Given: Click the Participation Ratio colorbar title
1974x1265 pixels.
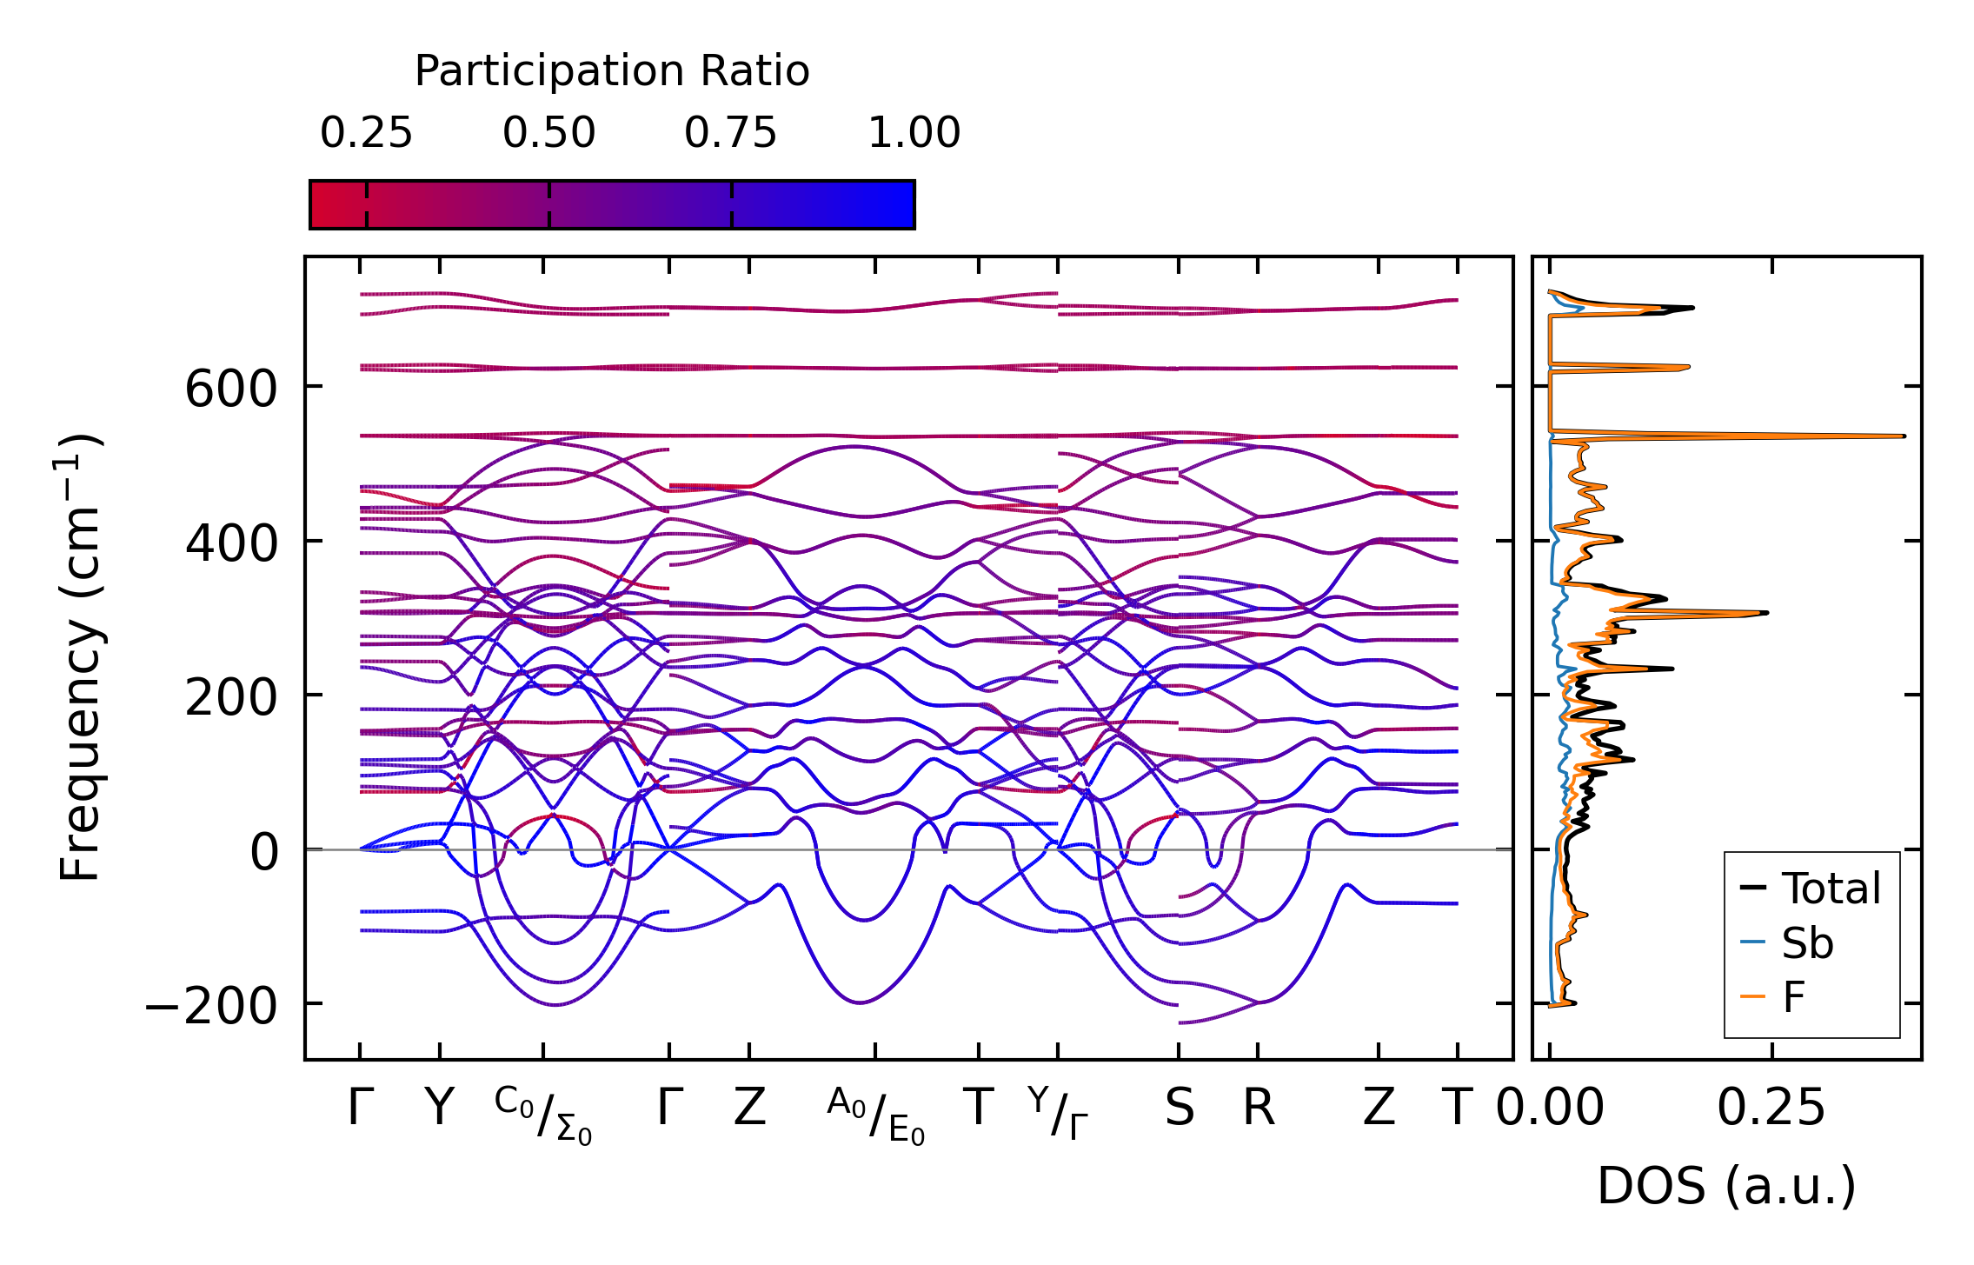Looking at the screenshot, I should pos(611,71).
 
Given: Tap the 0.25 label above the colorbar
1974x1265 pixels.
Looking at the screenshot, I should pos(366,133).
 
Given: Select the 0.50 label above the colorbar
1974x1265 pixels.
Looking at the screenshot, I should pos(548,133).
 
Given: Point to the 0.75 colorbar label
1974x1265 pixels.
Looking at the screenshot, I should pos(730,133).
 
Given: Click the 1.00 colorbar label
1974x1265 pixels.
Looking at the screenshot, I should pos(914,133).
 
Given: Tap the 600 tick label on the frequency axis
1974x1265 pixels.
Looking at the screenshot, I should pos(230,389).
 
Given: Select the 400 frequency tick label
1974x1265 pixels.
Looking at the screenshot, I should pos(230,543).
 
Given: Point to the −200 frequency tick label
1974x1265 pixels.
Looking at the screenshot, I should pos(210,1007).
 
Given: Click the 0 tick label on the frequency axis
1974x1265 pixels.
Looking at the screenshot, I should pos(264,852).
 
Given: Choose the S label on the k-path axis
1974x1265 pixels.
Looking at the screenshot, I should pos(1179,1109).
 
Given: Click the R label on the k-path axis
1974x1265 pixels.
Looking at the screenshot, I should pos(1258,1109).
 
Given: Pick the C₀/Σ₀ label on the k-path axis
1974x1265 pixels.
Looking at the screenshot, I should pos(543,1115).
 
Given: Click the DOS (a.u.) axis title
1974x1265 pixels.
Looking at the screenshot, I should pos(1726,1186).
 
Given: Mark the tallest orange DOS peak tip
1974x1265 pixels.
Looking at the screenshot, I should pos(1904,436).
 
